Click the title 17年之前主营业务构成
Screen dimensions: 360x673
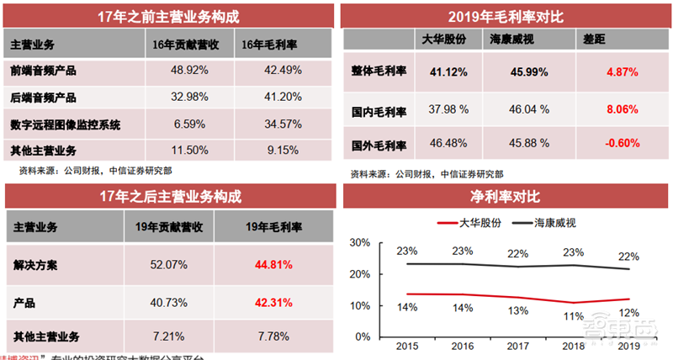[x=168, y=16]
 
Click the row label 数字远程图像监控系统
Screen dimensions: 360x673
[x=66, y=124]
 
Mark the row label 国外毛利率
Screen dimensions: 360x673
[x=378, y=144]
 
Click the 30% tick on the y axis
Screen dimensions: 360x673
[x=361, y=242]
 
